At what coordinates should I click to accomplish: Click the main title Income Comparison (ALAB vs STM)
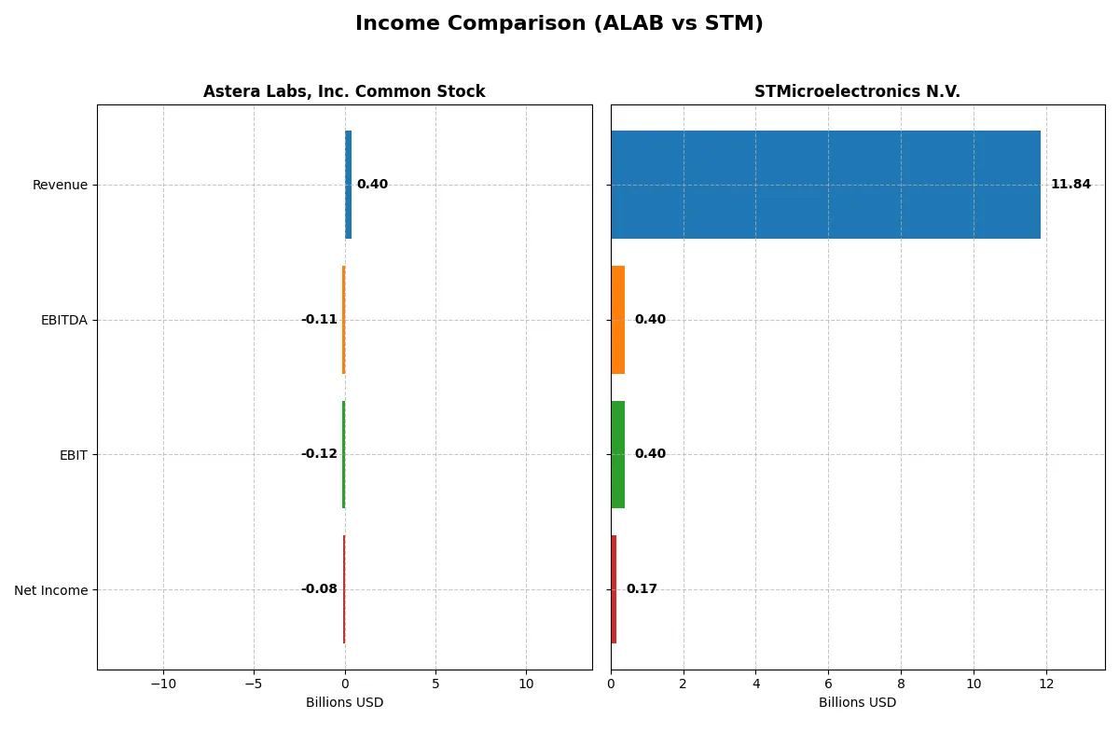pyautogui.click(x=559, y=24)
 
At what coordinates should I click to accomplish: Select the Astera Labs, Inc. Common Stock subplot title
pyautogui.click(x=344, y=91)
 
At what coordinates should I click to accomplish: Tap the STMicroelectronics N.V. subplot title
pyautogui.click(x=857, y=91)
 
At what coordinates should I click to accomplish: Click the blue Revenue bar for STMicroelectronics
pyautogui.click(x=825, y=185)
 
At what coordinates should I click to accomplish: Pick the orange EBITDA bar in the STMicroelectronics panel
pyautogui.click(x=617, y=320)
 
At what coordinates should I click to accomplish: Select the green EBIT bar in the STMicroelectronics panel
pyautogui.click(x=617, y=454)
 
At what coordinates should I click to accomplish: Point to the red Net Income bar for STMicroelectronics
pyautogui.click(x=614, y=589)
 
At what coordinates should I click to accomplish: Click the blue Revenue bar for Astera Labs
pyautogui.click(x=348, y=185)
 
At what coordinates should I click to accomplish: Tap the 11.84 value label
pyautogui.click(x=1070, y=185)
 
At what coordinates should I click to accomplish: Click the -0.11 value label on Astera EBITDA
pyautogui.click(x=319, y=320)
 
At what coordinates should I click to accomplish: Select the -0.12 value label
pyautogui.click(x=319, y=454)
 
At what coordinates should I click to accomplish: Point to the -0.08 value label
pyautogui.click(x=319, y=589)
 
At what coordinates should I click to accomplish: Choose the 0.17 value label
pyautogui.click(x=642, y=589)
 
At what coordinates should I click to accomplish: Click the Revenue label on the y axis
pyautogui.click(x=60, y=185)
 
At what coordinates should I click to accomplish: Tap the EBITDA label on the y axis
pyautogui.click(x=63, y=320)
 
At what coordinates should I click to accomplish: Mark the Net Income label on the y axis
pyautogui.click(x=51, y=590)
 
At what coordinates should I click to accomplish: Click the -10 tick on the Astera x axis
pyautogui.click(x=163, y=684)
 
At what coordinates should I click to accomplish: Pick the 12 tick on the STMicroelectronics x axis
pyautogui.click(x=1046, y=684)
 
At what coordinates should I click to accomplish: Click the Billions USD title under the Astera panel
pyautogui.click(x=344, y=703)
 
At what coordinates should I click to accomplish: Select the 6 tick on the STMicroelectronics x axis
pyautogui.click(x=828, y=684)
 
